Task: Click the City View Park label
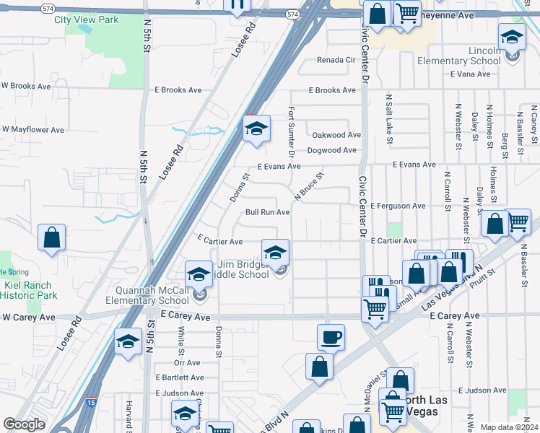(x=87, y=20)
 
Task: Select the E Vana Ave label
(x=470, y=74)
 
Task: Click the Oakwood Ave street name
(x=336, y=135)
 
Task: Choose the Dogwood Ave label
(x=332, y=150)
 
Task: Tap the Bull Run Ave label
(x=267, y=212)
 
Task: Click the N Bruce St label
(x=308, y=185)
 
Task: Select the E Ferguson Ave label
(x=398, y=206)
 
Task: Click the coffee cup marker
(x=331, y=336)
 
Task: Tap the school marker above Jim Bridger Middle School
(x=275, y=253)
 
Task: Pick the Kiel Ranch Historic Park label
(x=30, y=290)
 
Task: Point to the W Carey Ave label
(x=29, y=317)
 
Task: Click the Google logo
(x=24, y=424)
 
